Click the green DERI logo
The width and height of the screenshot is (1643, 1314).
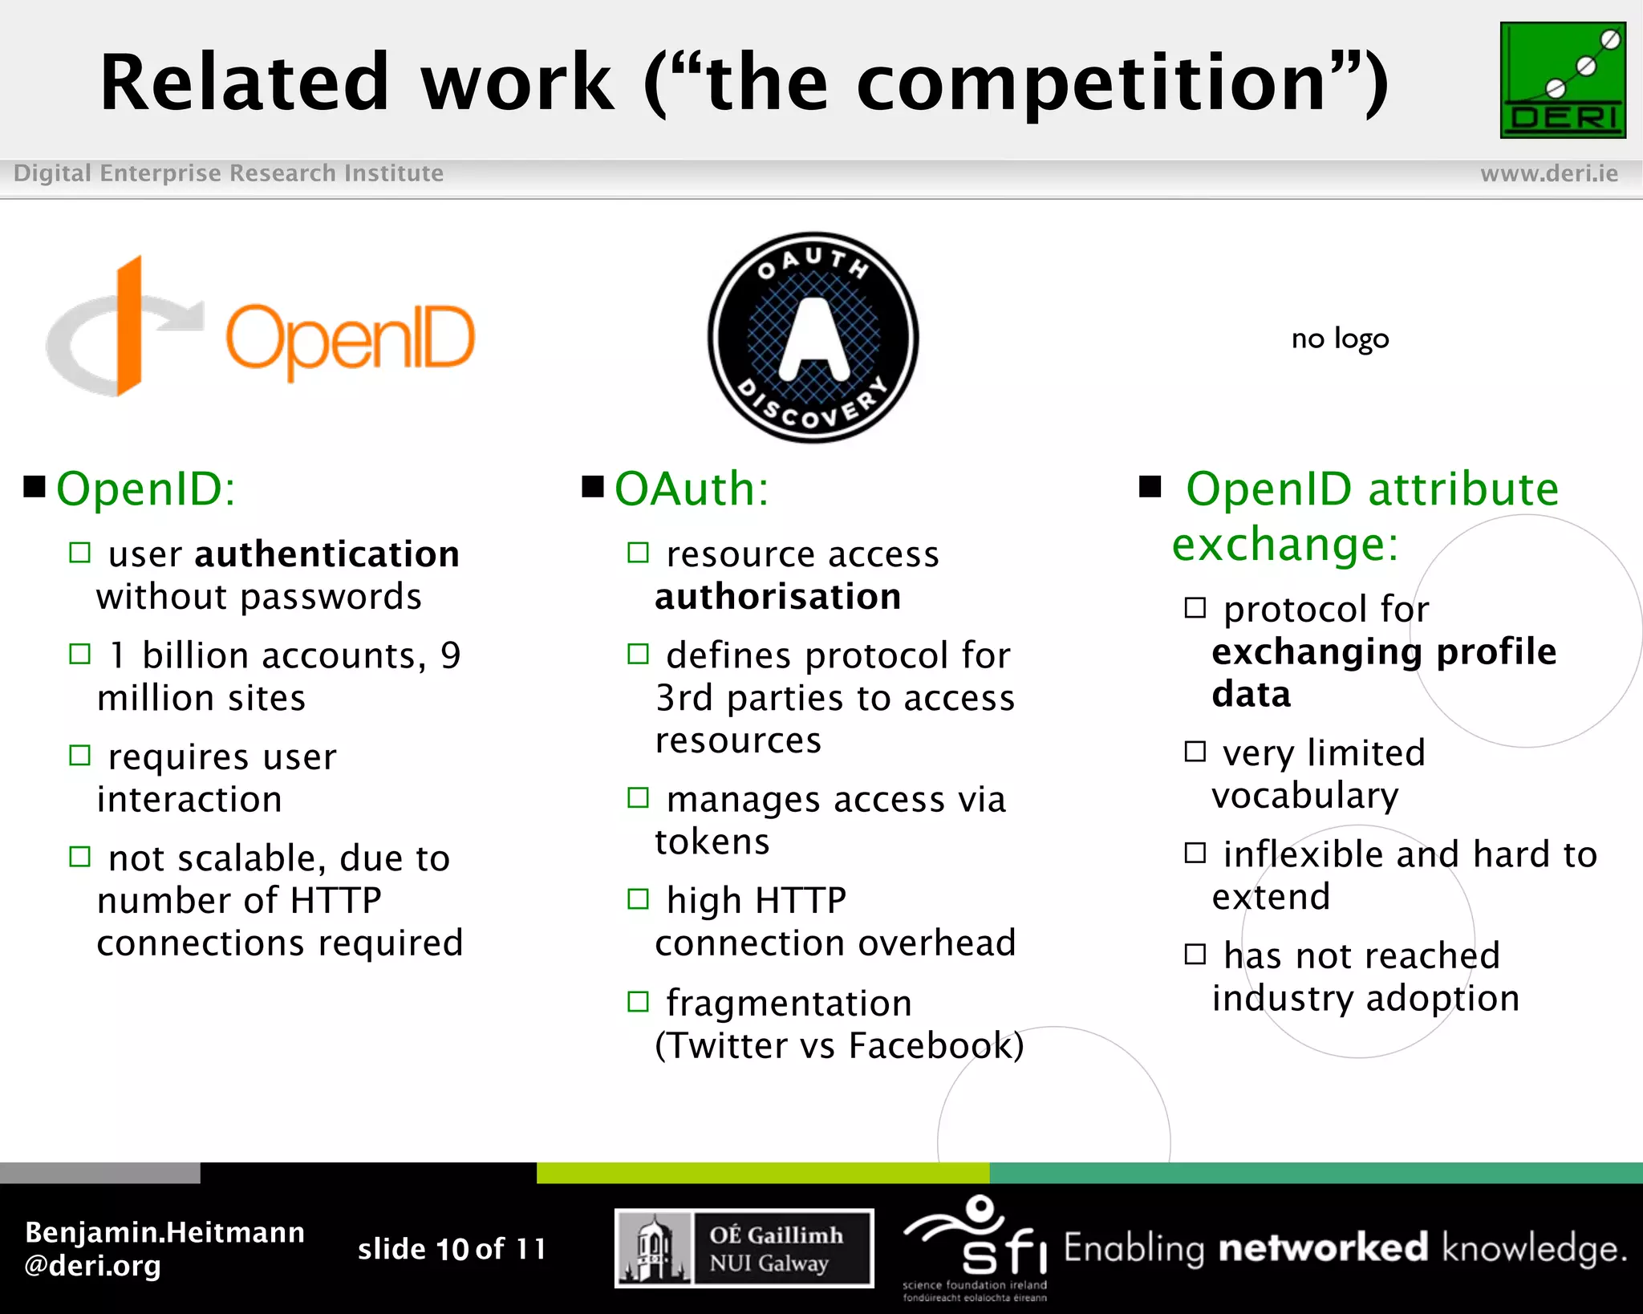click(x=1562, y=80)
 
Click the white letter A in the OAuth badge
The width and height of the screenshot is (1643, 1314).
click(x=813, y=341)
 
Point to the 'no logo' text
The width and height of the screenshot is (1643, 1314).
click(x=1340, y=339)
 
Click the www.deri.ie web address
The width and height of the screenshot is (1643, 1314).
click(x=1548, y=173)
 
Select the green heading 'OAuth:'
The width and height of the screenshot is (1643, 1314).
click(x=692, y=489)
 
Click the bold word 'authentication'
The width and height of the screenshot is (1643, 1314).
click(x=327, y=554)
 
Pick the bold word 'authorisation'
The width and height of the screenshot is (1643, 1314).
click(x=777, y=597)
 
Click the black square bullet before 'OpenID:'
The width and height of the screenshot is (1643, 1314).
click(x=34, y=487)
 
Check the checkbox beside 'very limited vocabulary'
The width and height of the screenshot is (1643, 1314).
click(x=1195, y=752)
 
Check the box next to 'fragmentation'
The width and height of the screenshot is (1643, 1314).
click(x=638, y=1002)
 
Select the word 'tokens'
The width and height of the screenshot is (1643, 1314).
click(x=712, y=842)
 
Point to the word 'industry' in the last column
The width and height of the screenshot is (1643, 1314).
click(x=1282, y=999)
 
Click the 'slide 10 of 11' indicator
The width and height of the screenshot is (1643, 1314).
click(x=452, y=1249)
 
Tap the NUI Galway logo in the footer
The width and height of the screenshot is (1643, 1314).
click(x=744, y=1248)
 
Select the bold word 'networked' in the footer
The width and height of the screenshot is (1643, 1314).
click(x=1323, y=1248)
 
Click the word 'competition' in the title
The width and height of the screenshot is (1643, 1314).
click(x=1091, y=83)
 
